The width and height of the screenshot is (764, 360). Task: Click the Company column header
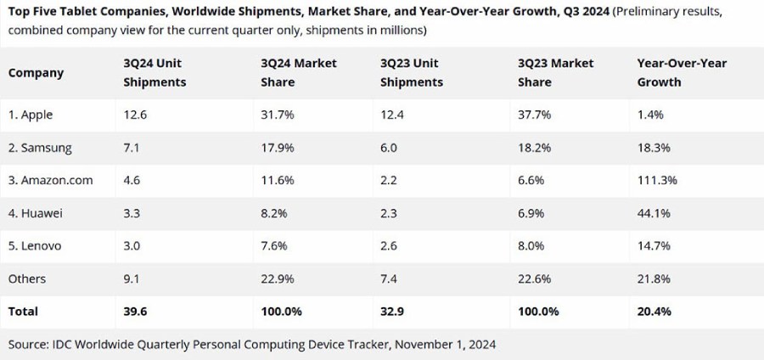(36, 73)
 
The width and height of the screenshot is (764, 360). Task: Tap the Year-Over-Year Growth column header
(681, 73)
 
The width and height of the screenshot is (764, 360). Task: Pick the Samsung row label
(40, 148)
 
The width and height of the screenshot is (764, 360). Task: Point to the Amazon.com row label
(50, 181)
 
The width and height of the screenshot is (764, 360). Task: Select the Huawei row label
(37, 213)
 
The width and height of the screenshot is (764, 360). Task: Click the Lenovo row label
(37, 246)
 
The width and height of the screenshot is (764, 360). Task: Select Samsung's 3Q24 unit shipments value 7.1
(136, 148)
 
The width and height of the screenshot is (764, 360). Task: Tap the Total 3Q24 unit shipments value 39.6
(138, 312)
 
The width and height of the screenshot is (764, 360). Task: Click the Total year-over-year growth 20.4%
(654, 312)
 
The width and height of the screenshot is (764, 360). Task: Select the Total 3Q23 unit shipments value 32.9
(393, 312)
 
